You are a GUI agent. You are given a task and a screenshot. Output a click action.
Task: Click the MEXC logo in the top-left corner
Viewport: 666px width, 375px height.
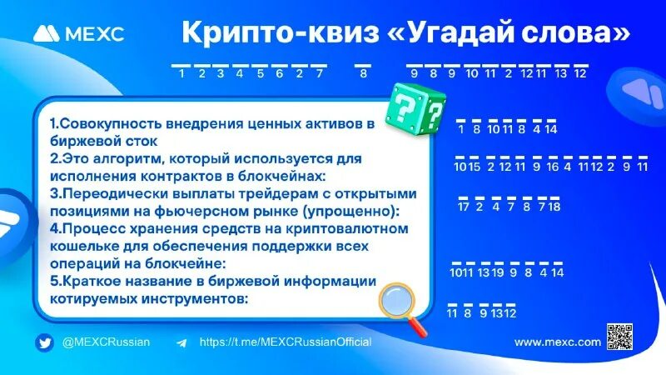[78, 34]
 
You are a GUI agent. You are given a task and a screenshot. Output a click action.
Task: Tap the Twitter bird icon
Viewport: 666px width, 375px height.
[44, 342]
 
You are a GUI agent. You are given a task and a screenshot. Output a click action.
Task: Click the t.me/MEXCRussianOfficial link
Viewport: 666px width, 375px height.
[285, 342]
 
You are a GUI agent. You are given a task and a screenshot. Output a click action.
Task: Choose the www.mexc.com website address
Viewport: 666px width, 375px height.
[557, 342]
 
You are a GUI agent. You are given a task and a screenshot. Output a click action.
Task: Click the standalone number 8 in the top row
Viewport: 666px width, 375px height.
[363, 73]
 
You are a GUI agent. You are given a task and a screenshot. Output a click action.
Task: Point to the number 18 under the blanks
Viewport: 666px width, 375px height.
[554, 207]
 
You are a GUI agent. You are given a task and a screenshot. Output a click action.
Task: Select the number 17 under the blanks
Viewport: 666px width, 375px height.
[464, 207]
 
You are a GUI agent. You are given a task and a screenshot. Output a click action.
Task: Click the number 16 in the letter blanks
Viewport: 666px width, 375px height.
[553, 167]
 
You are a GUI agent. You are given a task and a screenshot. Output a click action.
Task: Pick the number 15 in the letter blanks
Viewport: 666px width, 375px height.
[475, 167]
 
